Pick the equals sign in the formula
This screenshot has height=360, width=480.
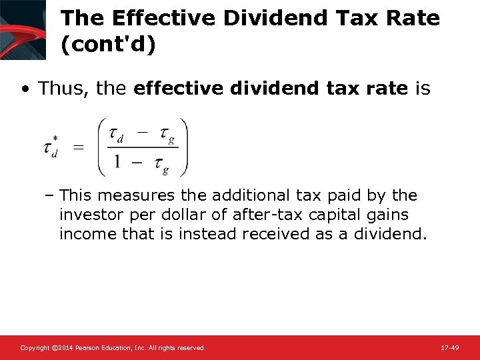point(79,147)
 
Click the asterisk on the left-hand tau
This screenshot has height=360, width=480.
point(57,139)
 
